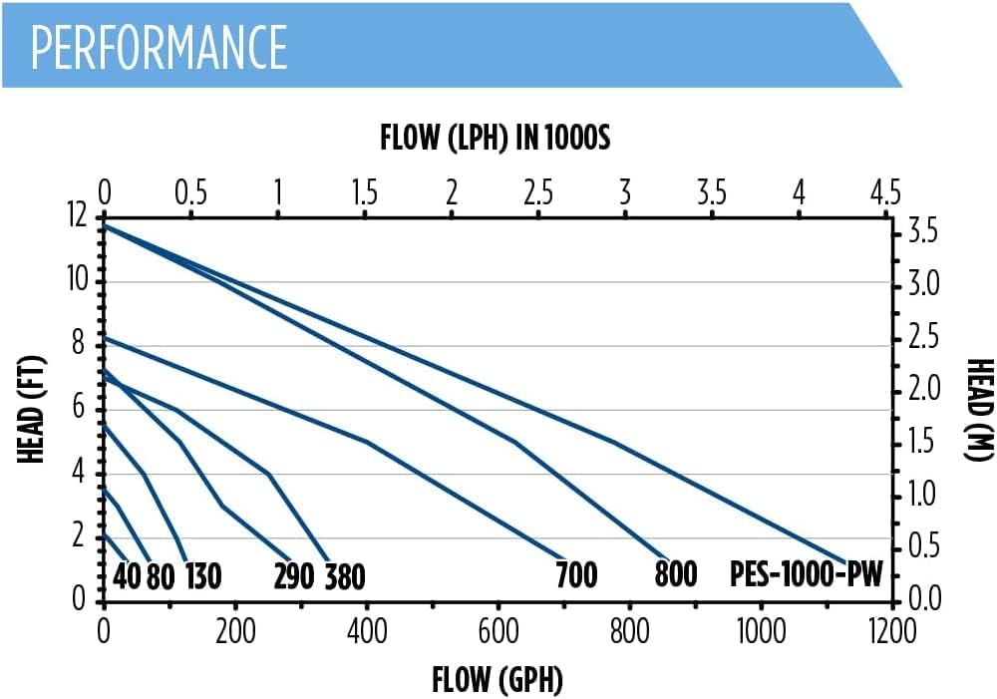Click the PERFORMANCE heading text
pos(160,46)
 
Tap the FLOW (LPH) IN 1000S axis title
pos(495,138)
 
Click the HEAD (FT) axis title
pos(34,409)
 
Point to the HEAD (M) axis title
pos(979,409)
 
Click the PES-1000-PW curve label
pos(806,575)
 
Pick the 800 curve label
pos(676,575)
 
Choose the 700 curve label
pos(576,575)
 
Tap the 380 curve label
pos(345,576)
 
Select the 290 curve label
pos(294,575)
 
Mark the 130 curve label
pos(202,576)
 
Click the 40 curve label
pos(127,576)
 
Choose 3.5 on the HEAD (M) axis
pos(921,233)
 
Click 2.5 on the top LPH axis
pos(538,191)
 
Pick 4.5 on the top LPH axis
pos(884,191)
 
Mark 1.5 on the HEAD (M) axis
pos(921,441)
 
